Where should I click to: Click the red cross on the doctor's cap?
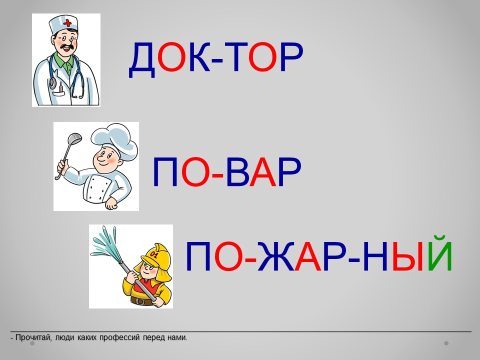click(x=67, y=22)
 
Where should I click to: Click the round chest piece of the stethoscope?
click(x=52, y=82)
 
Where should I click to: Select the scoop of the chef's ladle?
click(x=74, y=138)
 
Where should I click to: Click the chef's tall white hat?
click(x=115, y=139)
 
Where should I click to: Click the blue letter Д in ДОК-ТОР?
click(x=142, y=60)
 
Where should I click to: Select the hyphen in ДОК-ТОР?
click(x=217, y=61)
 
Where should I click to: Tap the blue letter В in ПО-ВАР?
click(x=237, y=172)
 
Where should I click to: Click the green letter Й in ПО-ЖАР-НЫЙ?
click(x=440, y=253)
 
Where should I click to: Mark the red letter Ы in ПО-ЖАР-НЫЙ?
click(x=408, y=256)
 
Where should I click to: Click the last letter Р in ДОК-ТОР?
click(x=291, y=57)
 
